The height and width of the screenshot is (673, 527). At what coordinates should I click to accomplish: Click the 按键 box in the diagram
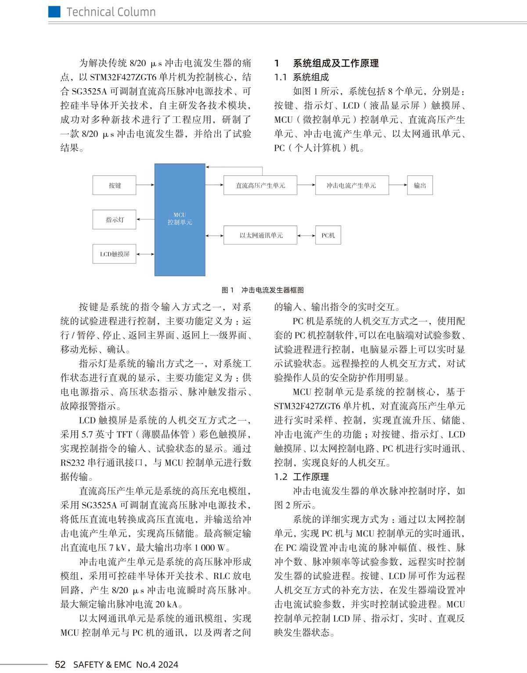[114, 185]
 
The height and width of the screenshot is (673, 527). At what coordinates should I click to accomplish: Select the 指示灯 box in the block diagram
[114, 220]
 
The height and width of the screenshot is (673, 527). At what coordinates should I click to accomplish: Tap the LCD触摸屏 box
[114, 254]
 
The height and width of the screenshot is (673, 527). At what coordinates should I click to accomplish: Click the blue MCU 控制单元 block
[180, 220]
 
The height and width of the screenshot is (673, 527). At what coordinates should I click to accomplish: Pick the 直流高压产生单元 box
[260, 185]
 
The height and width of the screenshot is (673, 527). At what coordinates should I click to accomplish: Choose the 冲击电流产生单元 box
[351, 185]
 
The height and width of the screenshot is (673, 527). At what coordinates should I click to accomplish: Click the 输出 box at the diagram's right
[420, 185]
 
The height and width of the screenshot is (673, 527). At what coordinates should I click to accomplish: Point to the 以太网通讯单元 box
[260, 235]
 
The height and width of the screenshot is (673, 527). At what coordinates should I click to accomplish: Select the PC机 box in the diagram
[328, 235]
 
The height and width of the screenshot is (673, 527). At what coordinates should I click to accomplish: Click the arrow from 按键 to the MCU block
[145, 185]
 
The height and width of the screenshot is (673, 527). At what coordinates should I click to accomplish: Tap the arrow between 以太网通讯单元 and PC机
[306, 236]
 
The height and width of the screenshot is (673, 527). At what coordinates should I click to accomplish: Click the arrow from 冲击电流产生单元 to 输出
[398, 185]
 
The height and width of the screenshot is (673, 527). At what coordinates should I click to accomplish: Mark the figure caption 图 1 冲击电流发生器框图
[263, 290]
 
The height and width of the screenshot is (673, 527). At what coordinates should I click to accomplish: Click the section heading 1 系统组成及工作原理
[327, 63]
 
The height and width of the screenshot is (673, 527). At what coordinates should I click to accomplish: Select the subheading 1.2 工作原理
[302, 477]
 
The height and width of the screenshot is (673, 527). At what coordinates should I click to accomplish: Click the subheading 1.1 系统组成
[302, 77]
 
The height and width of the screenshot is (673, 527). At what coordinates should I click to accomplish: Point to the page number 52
[60, 665]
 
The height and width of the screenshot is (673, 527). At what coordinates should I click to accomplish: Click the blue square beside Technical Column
[54, 12]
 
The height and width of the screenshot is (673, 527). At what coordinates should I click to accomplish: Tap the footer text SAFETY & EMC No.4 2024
[126, 665]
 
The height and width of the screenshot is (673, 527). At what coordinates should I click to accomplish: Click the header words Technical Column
[111, 12]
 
